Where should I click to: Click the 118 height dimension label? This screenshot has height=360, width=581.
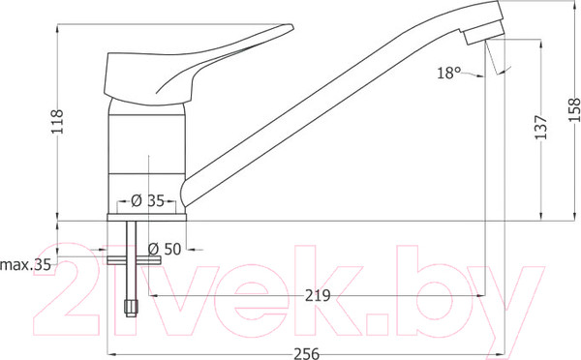57,122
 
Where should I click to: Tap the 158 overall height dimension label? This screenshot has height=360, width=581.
574,109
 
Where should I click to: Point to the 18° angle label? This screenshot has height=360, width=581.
448,73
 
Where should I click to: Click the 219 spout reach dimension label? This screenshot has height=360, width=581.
318,295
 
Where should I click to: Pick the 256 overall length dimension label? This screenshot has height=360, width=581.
306,353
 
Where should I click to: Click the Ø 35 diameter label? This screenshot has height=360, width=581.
147,200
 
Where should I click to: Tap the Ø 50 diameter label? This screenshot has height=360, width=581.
165,249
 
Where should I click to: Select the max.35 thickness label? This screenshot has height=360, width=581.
26,265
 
